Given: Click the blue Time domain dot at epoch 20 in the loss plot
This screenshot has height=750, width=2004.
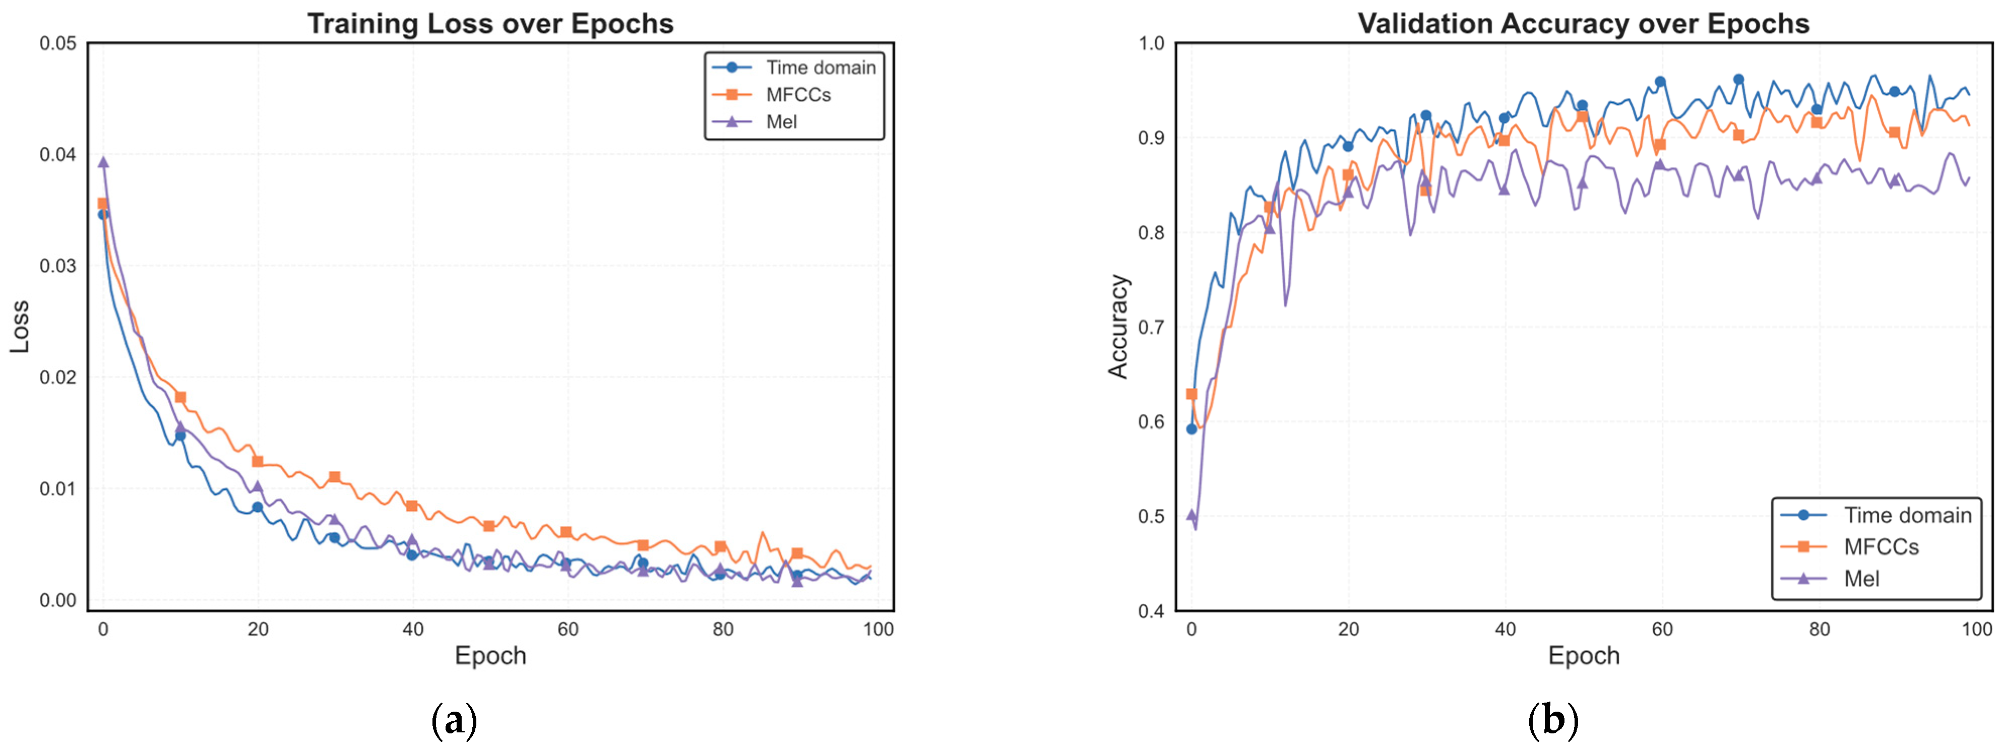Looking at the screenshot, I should click(x=258, y=507).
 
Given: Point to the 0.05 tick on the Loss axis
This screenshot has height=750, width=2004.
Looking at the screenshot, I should click(x=58, y=43).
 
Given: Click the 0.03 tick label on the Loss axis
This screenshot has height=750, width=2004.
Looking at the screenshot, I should click(x=58, y=266).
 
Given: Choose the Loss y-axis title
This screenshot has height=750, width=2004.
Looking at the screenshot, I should click(x=20, y=327).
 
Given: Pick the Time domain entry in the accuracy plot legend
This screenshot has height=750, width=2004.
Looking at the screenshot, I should click(x=1907, y=515).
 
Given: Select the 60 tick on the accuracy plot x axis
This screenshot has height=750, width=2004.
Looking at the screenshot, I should click(x=1662, y=630).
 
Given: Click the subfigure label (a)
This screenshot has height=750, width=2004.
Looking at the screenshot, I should click(x=454, y=720).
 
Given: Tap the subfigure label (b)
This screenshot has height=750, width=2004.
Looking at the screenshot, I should click(x=1553, y=720).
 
